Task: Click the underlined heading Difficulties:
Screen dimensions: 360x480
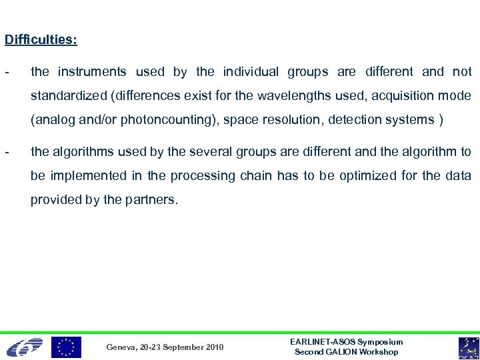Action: [x=41, y=40]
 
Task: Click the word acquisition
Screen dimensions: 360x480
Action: [x=402, y=96]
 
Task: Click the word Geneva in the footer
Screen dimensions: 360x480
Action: [x=121, y=347]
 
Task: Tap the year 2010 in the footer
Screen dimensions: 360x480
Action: [x=214, y=347]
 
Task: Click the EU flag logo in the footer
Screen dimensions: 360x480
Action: [x=66, y=347]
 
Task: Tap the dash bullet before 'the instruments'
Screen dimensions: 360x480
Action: [x=6, y=71]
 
